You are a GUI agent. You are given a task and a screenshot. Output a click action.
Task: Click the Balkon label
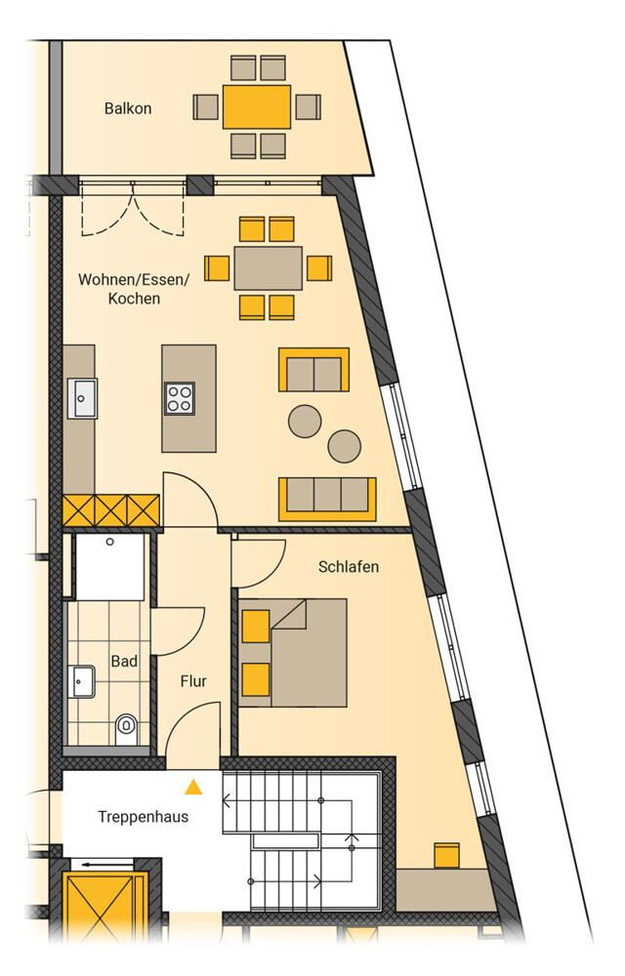coord(128,108)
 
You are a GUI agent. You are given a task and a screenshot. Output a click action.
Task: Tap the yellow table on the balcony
coord(257,106)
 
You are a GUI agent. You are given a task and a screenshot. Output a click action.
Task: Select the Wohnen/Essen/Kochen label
coord(133,288)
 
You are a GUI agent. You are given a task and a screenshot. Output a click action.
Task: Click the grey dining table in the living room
coord(269,268)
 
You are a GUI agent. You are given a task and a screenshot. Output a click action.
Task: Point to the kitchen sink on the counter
coord(82,398)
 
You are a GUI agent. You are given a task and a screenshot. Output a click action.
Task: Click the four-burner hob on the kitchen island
coord(180,398)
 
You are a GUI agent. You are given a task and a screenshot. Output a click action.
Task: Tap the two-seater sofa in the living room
coord(313,370)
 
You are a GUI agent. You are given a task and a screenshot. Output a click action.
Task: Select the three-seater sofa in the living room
coord(327,499)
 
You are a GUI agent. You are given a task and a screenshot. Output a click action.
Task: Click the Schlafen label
coord(348,566)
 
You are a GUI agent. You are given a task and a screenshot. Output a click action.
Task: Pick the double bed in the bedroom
coord(293,653)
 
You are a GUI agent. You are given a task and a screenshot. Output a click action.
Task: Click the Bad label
coord(124,661)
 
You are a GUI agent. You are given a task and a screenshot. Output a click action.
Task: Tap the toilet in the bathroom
coord(126,729)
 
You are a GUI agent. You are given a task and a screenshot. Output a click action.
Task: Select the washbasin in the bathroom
coord(82,681)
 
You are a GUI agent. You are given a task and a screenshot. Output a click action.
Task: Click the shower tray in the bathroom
coord(109,566)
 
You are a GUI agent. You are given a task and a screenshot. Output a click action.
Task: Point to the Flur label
coord(193,681)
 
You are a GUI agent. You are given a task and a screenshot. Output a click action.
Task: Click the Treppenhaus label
coord(144,817)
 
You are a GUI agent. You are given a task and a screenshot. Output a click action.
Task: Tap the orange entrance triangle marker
coord(193,788)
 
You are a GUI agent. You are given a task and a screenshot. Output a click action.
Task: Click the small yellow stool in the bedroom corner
coord(446,855)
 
